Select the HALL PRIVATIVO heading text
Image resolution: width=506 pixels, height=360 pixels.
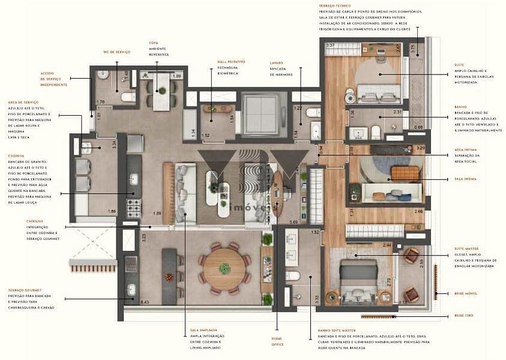[231, 62]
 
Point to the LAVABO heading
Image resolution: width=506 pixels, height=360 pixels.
[277, 62]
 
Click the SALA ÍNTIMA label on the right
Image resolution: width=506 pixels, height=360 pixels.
[465, 179]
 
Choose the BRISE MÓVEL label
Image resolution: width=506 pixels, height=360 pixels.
[466, 293]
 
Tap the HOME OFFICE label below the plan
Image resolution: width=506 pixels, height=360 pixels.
[277, 342]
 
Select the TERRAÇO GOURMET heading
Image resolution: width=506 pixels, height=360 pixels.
[23, 289]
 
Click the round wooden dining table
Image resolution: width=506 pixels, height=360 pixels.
[223, 269]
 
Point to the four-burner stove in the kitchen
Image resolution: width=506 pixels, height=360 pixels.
[133, 208]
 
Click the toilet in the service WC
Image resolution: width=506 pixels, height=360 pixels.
[127, 97]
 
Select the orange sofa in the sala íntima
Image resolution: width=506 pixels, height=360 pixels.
[407, 173]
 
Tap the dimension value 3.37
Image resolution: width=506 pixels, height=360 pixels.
[330, 46]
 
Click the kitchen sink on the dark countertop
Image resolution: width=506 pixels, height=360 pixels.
[133, 178]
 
